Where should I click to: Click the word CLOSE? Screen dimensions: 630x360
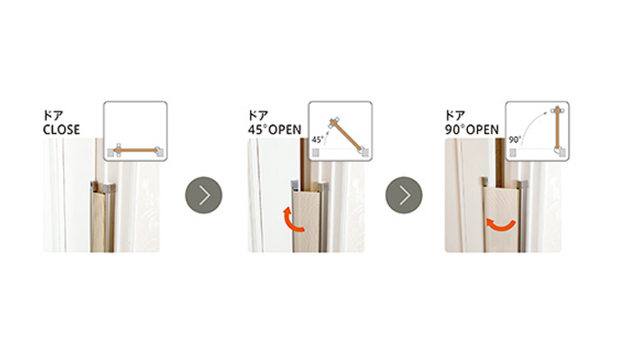pyautogui.click(x=61, y=130)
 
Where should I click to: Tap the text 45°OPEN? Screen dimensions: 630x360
pyautogui.click(x=274, y=130)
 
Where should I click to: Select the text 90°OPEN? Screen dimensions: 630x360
pyautogui.click(x=472, y=130)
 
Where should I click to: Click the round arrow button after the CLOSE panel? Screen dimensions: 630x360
pyautogui.click(x=203, y=195)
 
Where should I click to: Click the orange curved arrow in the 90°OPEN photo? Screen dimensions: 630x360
pyautogui.click(x=500, y=226)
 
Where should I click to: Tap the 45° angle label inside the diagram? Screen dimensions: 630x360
pyautogui.click(x=318, y=139)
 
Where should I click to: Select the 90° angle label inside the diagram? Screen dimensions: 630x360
pyautogui.click(x=515, y=139)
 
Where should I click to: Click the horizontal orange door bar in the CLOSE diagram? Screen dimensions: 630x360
pyautogui.click(x=136, y=150)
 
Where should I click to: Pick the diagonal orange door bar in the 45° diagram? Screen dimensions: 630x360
pyautogui.click(x=346, y=134)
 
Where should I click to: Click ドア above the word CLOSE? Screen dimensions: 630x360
pyautogui.click(x=53, y=116)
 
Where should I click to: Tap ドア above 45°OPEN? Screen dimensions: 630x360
pyautogui.click(x=258, y=116)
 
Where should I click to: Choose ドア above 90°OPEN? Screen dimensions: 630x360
pyautogui.click(x=455, y=116)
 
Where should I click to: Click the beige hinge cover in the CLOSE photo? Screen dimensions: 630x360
pyautogui.click(x=98, y=221)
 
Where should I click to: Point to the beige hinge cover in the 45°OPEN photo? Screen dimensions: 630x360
pyautogui.click(x=306, y=221)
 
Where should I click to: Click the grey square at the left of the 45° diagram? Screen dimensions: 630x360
pyautogui.click(x=315, y=153)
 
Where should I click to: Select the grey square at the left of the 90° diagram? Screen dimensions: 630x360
pyautogui.click(x=513, y=153)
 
